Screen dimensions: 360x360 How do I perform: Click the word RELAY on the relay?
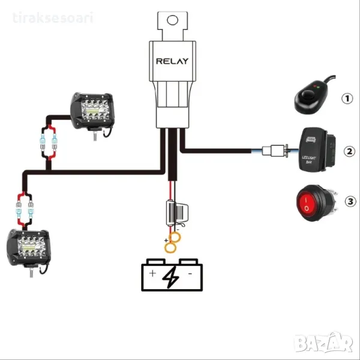point(172,61)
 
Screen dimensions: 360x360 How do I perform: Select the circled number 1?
point(347,98)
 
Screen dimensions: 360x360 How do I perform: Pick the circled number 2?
point(349,151)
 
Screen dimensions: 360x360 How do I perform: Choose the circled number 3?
point(349,202)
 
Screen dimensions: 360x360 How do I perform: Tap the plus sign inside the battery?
point(152,274)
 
